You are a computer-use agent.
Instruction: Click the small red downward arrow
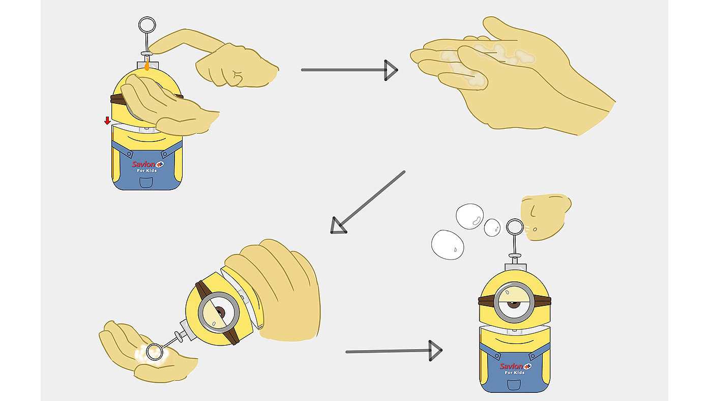tap(107, 121)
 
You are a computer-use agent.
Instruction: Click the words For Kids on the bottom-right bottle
tap(515, 373)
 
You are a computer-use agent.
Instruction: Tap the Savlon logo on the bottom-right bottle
tap(515, 366)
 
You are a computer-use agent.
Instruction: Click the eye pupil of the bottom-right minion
tap(514, 304)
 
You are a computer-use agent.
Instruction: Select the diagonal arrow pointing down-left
tap(368, 202)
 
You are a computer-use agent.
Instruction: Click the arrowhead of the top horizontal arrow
tap(391, 70)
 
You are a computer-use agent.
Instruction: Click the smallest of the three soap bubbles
tap(492, 227)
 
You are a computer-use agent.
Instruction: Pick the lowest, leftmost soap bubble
tap(448, 245)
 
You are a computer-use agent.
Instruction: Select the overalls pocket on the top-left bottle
tap(146, 183)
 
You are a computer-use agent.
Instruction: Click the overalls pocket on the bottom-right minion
tap(514, 385)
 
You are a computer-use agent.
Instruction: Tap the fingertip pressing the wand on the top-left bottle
tap(153, 49)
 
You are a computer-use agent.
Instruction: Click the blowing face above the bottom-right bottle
tap(545, 217)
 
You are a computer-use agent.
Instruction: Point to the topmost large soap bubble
tap(470, 216)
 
